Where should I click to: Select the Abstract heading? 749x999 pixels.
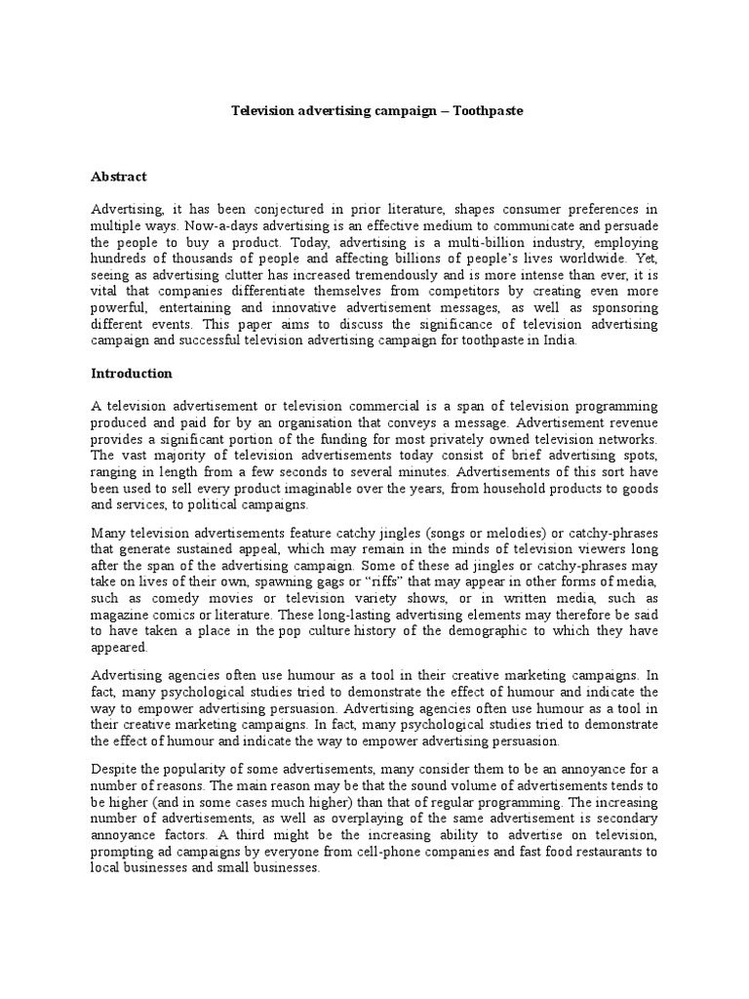(119, 177)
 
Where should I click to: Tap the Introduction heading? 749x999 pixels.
(132, 373)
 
